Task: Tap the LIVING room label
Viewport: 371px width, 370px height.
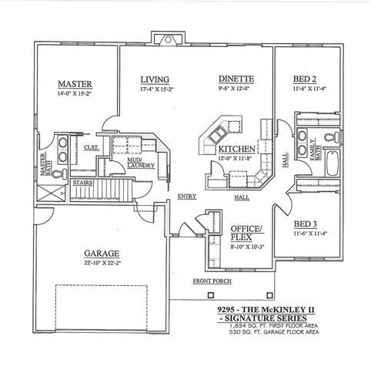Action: [155, 79]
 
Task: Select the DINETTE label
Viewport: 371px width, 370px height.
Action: [232, 79]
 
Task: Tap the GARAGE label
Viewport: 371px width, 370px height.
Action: [99, 252]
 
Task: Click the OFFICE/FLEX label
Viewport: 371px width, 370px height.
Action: [246, 233]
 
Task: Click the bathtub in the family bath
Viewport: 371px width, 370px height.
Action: [335, 166]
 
